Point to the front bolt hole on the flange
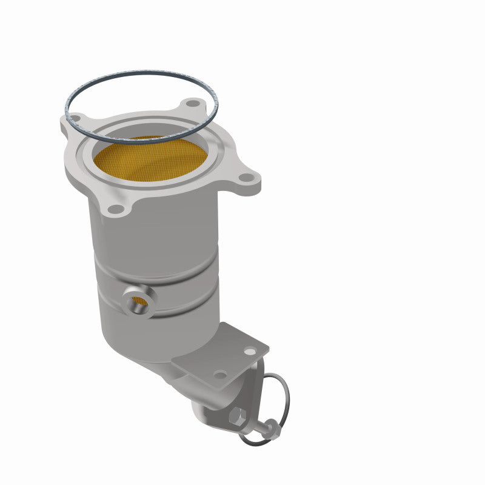[114, 209]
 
